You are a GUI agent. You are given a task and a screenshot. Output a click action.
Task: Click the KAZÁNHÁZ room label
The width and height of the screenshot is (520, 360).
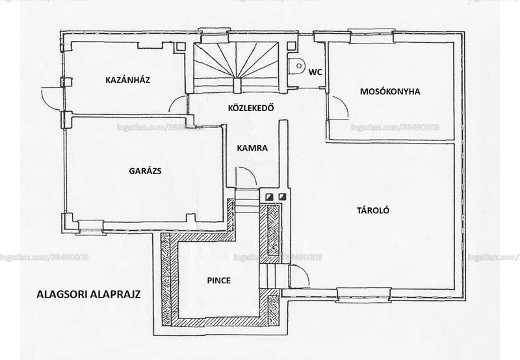(x=127, y=80)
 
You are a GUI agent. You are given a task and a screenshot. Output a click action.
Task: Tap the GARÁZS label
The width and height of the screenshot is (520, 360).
(x=145, y=171)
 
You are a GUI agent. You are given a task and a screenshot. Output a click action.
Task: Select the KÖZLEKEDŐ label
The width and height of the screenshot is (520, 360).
(x=251, y=108)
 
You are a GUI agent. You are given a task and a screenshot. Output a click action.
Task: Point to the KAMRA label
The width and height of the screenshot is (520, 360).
(x=252, y=148)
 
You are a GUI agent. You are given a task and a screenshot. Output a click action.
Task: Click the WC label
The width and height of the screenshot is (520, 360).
(x=315, y=72)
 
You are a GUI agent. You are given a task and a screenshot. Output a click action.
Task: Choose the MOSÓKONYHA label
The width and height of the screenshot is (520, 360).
(x=390, y=92)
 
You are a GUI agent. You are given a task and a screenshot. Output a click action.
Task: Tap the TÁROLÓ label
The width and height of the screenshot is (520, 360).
(x=373, y=211)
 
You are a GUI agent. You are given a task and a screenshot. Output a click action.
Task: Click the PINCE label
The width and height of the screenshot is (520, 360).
(x=219, y=281)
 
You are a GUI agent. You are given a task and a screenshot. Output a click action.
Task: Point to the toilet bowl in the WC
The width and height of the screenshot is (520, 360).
(x=296, y=66)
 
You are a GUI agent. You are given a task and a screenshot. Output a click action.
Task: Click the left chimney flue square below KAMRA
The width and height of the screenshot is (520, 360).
(x=269, y=198)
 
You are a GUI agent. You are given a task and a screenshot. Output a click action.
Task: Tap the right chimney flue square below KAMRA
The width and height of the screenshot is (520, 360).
(x=282, y=198)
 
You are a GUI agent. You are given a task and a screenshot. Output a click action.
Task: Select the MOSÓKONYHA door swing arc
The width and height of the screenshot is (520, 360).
(x=343, y=103)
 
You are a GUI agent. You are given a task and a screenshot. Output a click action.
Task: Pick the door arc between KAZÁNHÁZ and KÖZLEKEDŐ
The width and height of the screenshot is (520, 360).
(x=174, y=101)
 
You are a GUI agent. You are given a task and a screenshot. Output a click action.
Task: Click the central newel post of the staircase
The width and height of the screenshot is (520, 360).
(x=237, y=86)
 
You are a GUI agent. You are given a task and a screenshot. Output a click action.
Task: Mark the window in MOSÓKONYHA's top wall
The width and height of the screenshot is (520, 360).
(x=371, y=36)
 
